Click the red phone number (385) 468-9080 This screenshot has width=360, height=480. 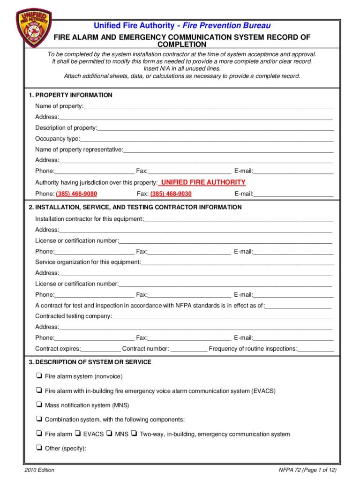(76, 194)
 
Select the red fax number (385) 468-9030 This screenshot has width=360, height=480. (171, 194)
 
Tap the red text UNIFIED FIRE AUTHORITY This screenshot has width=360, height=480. (203, 182)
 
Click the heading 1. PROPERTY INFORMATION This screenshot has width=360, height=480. (70, 95)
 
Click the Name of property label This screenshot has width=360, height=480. (59, 106)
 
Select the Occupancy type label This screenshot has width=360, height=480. (57, 139)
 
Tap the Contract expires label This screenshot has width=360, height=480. (58, 349)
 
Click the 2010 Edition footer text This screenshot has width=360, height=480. (39, 470)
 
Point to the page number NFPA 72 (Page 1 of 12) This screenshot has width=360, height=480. (307, 470)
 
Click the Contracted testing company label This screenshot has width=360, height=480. (73, 316)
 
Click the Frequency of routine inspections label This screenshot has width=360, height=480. (253, 349)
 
